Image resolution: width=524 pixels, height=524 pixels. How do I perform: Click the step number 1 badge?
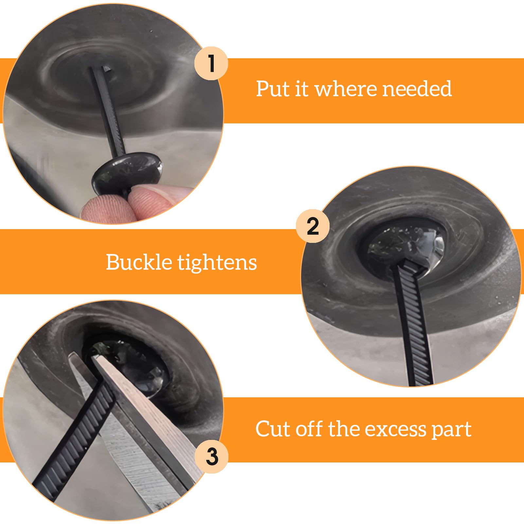click(211, 63)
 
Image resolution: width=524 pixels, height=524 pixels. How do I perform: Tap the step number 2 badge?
click(313, 226)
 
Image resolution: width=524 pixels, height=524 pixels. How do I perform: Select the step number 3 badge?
click(212, 457)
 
